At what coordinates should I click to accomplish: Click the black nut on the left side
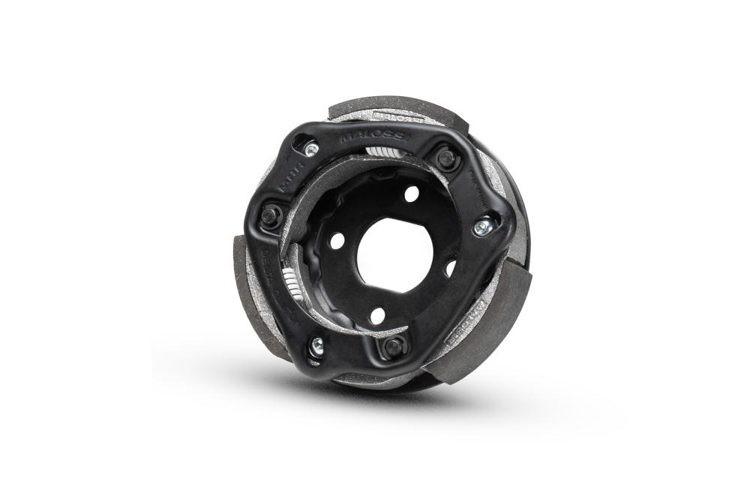coord(271,216)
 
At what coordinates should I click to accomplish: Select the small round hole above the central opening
coord(411,194)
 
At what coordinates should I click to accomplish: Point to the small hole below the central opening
coord(376,314)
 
